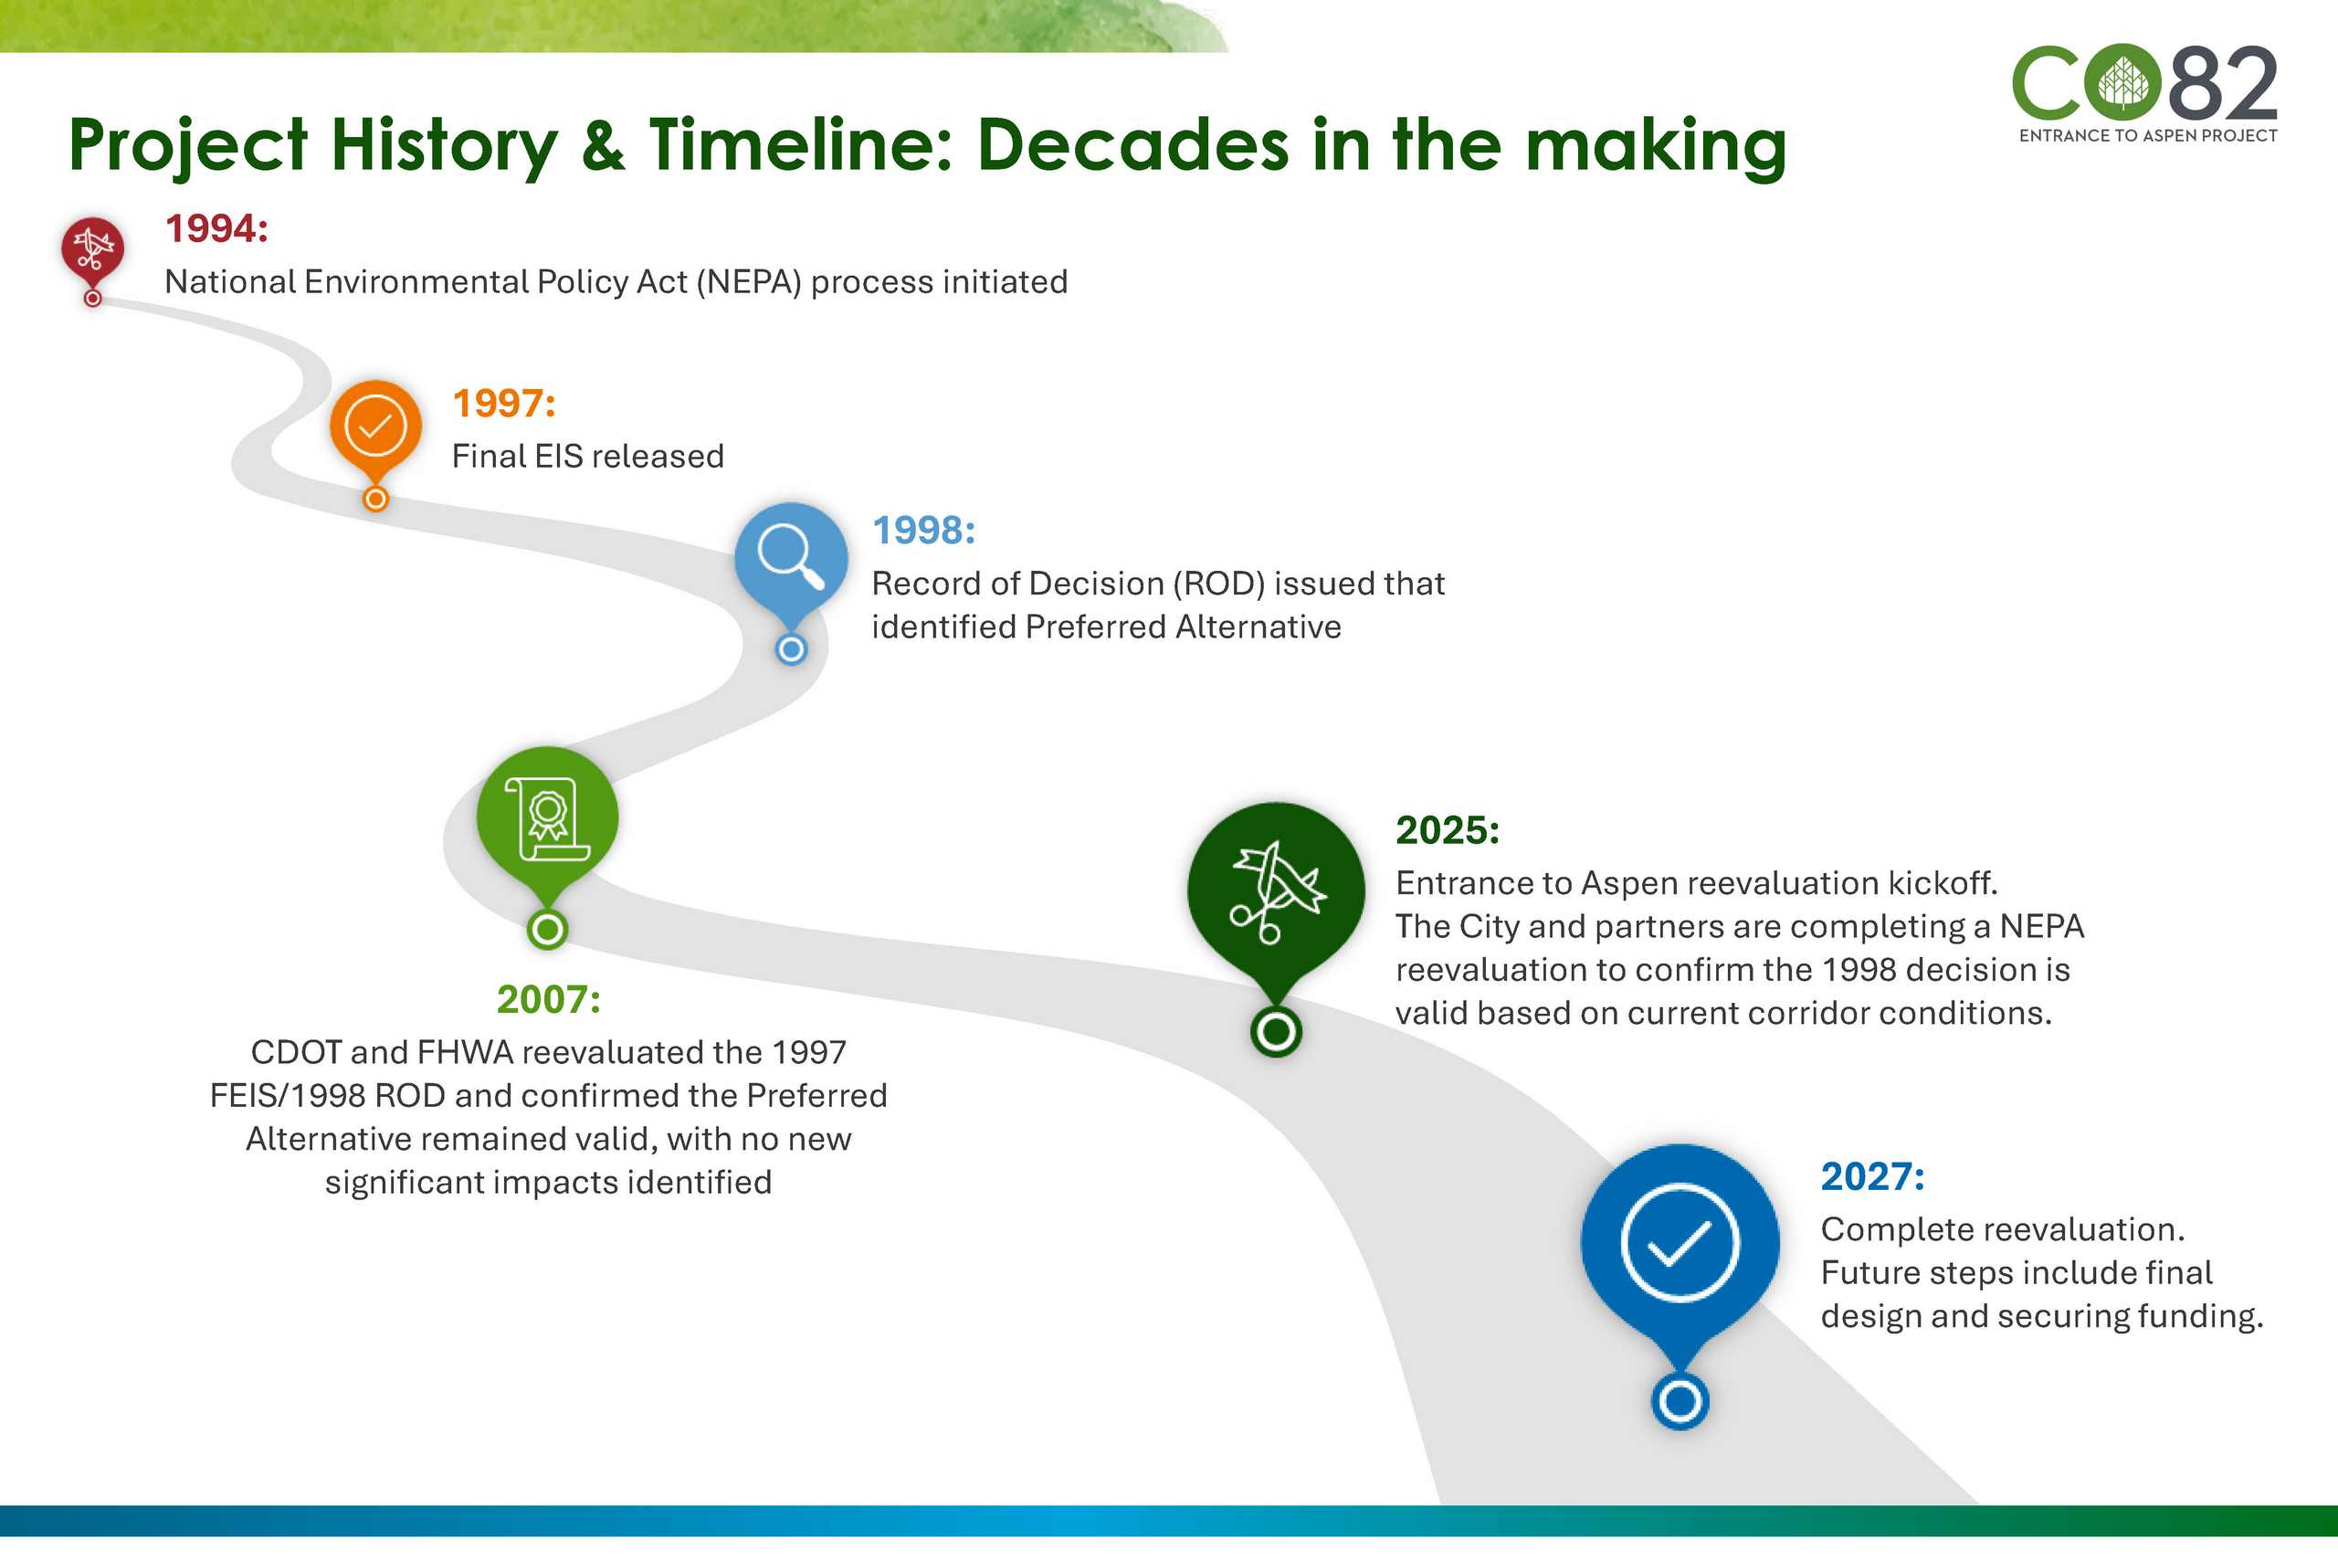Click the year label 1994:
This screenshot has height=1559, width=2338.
(216, 228)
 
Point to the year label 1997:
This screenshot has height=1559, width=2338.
(504, 404)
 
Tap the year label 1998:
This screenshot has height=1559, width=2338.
(923, 531)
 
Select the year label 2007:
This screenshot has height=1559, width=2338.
(549, 999)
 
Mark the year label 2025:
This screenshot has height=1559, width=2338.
(1448, 830)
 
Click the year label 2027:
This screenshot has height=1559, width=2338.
(1873, 1176)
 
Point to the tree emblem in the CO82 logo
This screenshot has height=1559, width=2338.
(2123, 82)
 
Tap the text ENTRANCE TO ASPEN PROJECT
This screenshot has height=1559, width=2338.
(2148, 136)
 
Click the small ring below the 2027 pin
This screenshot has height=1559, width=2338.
(1680, 1402)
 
